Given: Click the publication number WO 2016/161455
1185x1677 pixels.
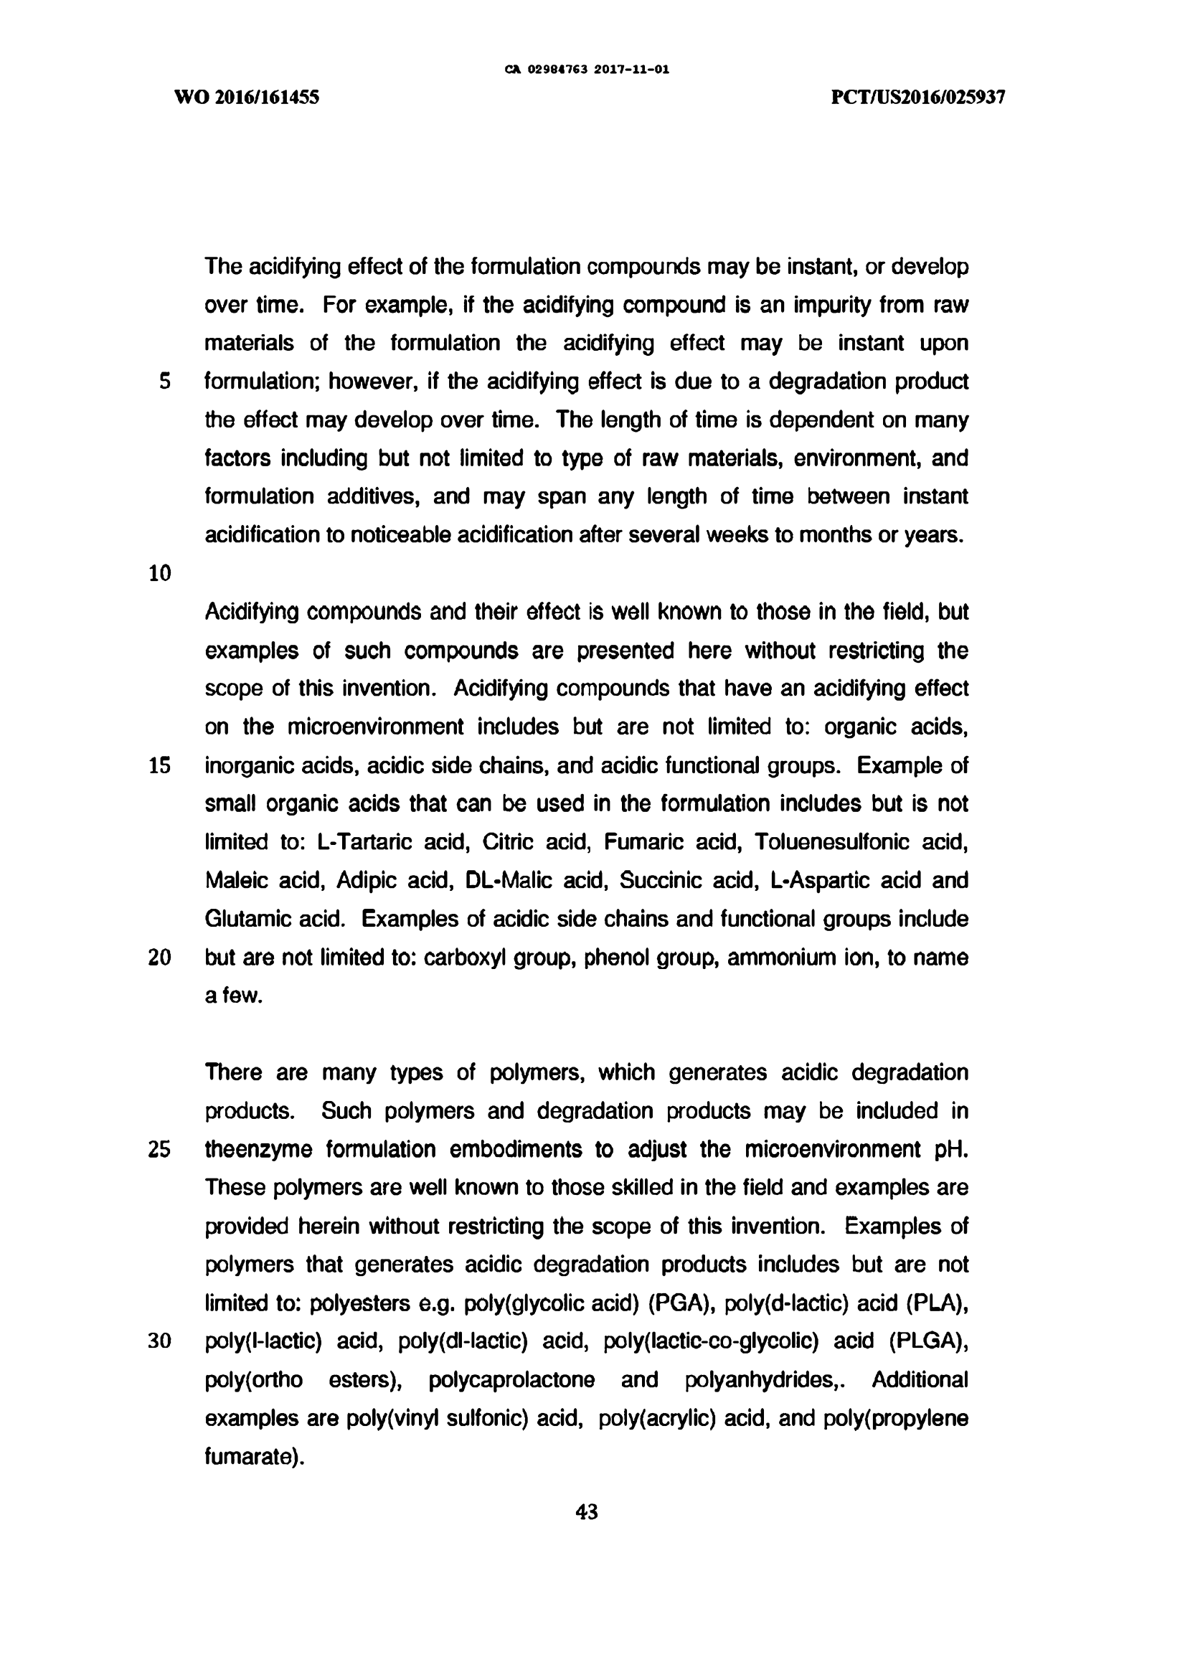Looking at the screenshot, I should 247,97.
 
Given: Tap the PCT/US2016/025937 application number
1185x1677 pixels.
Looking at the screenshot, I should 918,97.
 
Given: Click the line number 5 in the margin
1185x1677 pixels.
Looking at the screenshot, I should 165,382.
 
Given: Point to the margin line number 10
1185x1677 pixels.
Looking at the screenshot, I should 159,573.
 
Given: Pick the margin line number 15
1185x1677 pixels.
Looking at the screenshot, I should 159,765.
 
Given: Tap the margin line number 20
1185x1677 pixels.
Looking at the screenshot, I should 159,958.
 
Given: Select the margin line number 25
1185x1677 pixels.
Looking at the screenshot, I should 159,1150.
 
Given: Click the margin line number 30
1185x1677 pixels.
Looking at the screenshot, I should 159,1342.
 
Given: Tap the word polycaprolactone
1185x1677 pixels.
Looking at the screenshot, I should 511,1380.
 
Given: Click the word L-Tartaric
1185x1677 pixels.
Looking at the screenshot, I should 363,842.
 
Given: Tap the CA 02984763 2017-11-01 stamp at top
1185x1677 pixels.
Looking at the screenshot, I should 587,70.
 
